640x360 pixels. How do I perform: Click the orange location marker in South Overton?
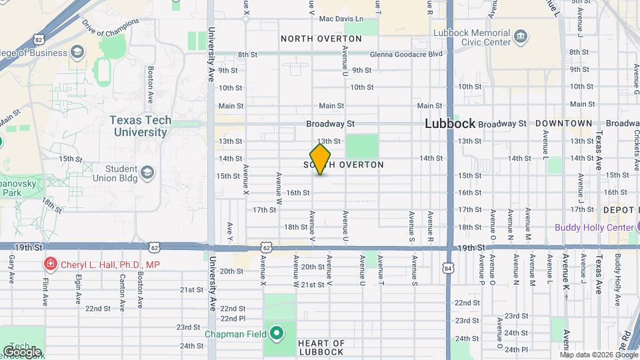320,159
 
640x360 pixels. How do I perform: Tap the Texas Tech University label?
140,126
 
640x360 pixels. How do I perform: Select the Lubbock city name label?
450,123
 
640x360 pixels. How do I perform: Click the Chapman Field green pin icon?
275,333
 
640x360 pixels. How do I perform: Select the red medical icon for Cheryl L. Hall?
49,265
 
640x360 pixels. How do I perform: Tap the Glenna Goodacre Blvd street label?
407,54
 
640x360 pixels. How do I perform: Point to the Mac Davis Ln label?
341,19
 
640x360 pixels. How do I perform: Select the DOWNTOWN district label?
563,123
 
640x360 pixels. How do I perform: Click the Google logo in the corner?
22,351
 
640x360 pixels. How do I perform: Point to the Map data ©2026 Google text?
599,355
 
